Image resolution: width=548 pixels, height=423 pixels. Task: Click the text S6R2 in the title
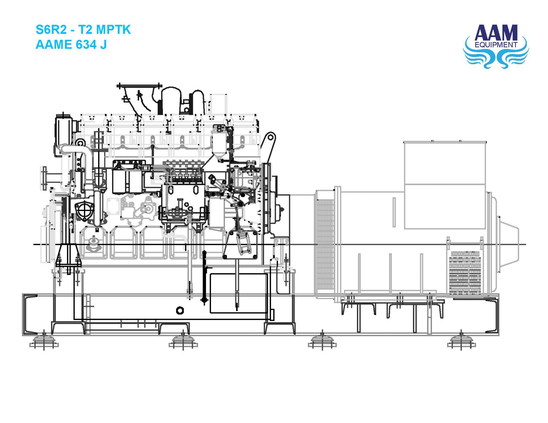point(51,30)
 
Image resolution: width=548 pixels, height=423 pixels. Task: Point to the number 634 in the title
point(86,44)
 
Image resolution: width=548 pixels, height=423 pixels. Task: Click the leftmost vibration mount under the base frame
point(44,342)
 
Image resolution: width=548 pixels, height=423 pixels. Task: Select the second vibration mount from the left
point(183,342)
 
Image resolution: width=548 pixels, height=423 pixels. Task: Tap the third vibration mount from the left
point(322,342)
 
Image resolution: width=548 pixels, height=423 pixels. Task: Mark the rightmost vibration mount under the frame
point(461,342)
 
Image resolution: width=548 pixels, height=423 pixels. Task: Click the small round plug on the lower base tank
point(180,311)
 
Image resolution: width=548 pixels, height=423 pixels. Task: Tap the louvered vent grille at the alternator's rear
point(465,274)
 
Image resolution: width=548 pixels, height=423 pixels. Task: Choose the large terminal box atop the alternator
point(445,184)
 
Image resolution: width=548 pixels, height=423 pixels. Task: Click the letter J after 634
point(103,44)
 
